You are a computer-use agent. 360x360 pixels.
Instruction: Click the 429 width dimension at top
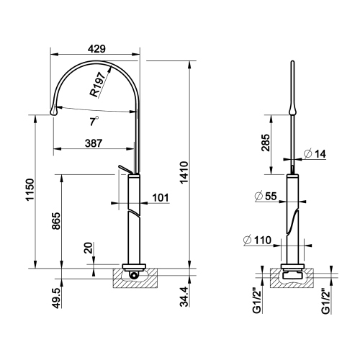pos(96,49)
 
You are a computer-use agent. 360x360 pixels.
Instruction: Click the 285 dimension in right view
pos(266,145)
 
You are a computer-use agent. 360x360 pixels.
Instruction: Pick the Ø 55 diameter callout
pos(266,195)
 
